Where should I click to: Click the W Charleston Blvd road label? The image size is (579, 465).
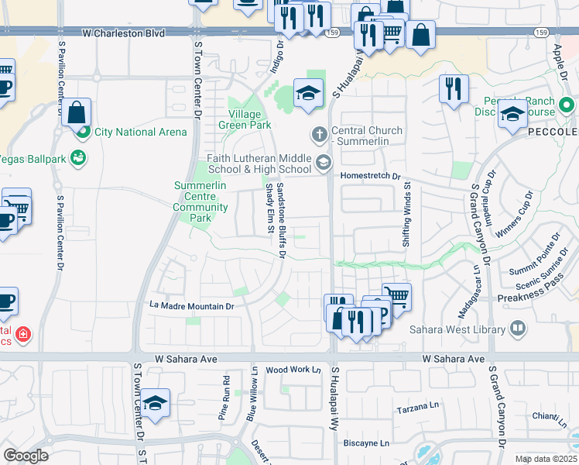click(x=124, y=33)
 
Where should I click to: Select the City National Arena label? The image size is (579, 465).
click(x=140, y=132)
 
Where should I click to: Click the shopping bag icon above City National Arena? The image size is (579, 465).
click(x=77, y=112)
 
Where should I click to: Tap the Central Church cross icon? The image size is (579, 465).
click(x=318, y=136)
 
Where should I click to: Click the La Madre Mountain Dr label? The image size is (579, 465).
click(x=191, y=306)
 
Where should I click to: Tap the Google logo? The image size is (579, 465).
click(x=26, y=456)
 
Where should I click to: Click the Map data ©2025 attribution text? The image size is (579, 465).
click(x=545, y=459)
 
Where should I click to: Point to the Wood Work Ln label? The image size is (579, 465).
click(x=293, y=370)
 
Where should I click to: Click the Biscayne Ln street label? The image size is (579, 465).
click(x=368, y=443)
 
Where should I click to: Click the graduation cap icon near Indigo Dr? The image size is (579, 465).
click(x=308, y=94)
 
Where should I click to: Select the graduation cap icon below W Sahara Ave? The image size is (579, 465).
click(x=155, y=403)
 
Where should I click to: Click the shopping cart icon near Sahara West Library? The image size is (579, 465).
click(x=396, y=295)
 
